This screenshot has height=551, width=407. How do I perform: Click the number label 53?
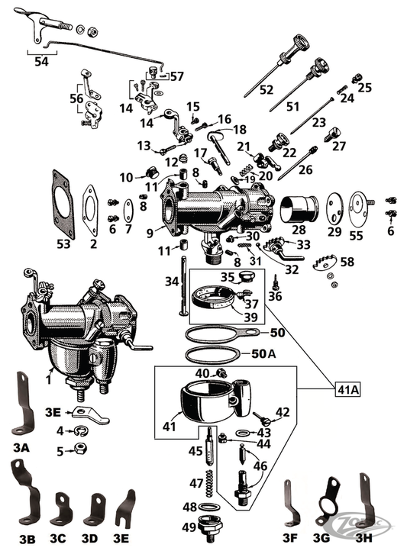(63, 243)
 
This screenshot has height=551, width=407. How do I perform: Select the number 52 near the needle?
(266, 89)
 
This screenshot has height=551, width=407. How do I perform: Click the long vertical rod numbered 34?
(184, 286)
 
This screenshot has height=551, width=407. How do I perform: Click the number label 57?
(176, 76)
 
